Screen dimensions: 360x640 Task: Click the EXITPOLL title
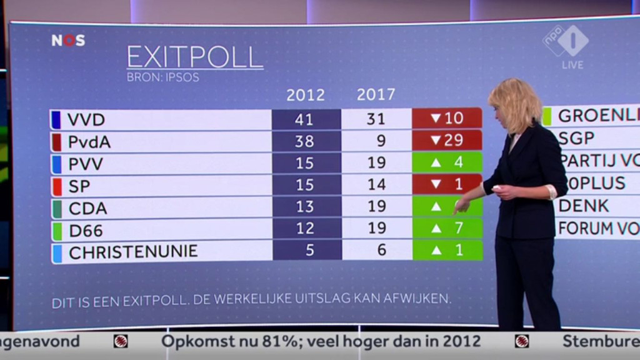[x=194, y=57]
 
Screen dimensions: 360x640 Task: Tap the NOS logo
[x=68, y=41]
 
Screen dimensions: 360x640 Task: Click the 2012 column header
[x=306, y=95]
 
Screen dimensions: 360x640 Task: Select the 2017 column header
[x=376, y=94]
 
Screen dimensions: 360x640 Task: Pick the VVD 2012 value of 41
[x=306, y=119]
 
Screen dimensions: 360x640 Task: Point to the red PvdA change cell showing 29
[x=447, y=141]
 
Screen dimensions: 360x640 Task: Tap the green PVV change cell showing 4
[x=447, y=162]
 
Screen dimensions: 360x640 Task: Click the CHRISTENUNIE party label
[x=133, y=252]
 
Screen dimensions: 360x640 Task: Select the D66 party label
[x=86, y=230]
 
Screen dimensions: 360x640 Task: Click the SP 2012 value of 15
[x=306, y=185]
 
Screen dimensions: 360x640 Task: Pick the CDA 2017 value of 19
[x=377, y=207]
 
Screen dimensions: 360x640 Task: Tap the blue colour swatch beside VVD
[x=56, y=119]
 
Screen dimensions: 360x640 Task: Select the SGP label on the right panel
[x=576, y=138]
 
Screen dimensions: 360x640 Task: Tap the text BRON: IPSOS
[x=162, y=78]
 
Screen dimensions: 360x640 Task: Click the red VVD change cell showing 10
[x=447, y=118]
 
